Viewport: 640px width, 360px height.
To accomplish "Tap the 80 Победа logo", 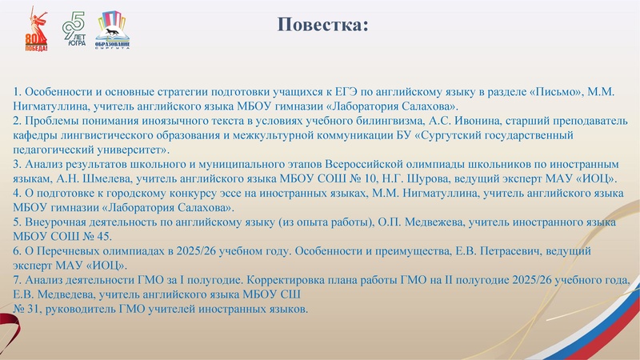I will (37, 33).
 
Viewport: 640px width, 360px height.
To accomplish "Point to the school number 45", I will (106, 237).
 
